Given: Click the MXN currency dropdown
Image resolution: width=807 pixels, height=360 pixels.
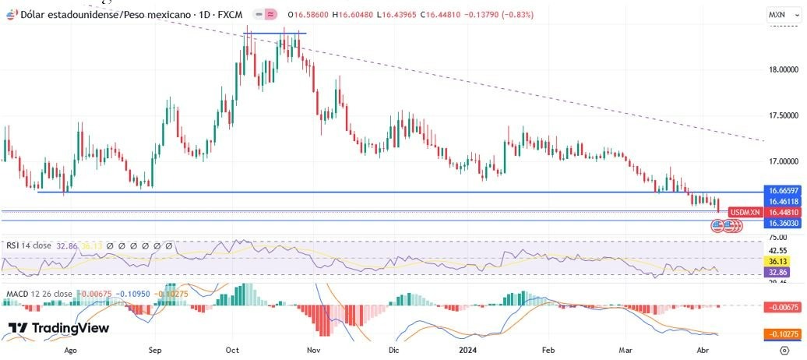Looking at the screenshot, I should coord(779,15).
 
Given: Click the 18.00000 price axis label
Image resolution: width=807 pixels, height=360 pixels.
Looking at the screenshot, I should coord(782,69).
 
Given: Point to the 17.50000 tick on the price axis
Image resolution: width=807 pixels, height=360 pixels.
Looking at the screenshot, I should coord(782,115).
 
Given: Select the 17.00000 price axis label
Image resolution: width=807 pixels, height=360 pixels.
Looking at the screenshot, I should coord(782,161).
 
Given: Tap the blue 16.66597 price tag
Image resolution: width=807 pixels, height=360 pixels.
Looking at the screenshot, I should coord(781,191).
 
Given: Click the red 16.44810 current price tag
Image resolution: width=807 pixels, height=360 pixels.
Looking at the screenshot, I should coord(781,212).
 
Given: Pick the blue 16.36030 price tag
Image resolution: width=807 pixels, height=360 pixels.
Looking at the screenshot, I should coord(781,223).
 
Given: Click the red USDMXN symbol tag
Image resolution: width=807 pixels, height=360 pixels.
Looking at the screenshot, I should coord(743,212).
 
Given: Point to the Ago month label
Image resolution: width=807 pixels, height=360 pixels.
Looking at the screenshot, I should coord(71,351).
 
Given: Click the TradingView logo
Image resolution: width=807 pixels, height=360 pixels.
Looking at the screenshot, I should coord(58,328).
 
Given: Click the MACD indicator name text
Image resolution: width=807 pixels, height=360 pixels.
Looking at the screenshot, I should coord(19,295).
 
